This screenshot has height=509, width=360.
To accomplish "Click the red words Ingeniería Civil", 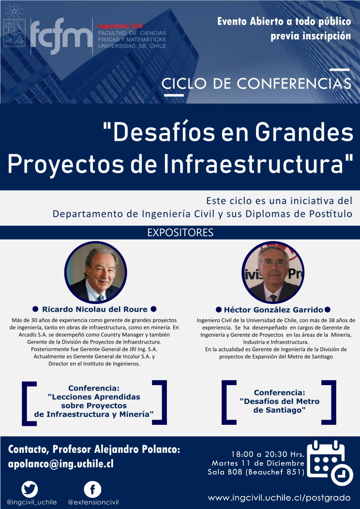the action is (x=120, y=26).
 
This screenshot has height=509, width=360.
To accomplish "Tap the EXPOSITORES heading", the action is (x=180, y=233).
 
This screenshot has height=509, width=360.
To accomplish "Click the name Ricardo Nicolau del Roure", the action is (x=95, y=309).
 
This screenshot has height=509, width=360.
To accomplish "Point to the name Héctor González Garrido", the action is (x=273, y=310).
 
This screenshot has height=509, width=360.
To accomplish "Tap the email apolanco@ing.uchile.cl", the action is (x=60, y=464).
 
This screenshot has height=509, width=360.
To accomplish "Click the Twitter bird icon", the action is (x=30, y=489).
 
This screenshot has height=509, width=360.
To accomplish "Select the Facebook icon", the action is (x=92, y=489).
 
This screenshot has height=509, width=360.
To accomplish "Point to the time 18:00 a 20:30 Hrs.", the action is (x=268, y=453).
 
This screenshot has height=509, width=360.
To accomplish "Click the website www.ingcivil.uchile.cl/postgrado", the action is (x=279, y=498).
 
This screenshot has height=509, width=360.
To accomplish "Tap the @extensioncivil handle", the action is (x=93, y=503).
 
